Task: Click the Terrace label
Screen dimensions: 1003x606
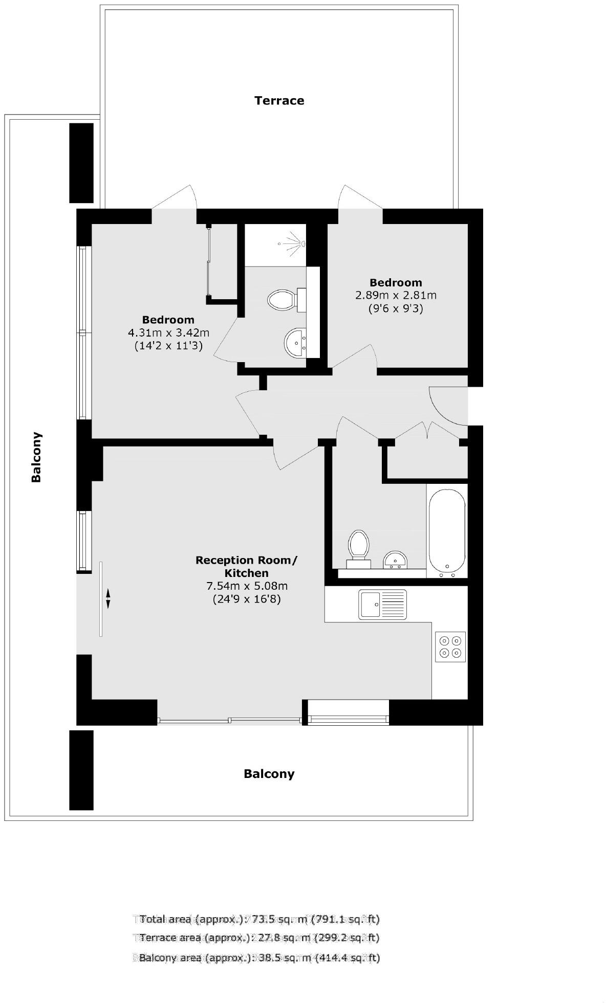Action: coord(279,100)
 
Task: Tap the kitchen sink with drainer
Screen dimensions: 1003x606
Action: coord(382,604)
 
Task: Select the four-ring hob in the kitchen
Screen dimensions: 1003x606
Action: coord(450,647)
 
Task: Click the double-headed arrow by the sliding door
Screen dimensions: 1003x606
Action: coord(108,598)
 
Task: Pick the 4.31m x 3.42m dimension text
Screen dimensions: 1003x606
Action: coord(168,332)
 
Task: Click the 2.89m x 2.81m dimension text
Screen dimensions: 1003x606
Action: coord(396,295)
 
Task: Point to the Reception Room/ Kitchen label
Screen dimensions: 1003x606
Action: coord(246,566)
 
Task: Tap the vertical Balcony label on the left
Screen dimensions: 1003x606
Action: coord(36,457)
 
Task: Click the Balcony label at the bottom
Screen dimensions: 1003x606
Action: coord(269,773)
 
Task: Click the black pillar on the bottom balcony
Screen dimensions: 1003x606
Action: coord(81,770)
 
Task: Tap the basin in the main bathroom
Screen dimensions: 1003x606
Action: coord(395,560)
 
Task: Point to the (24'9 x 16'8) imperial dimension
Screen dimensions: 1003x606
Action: coord(246,599)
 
